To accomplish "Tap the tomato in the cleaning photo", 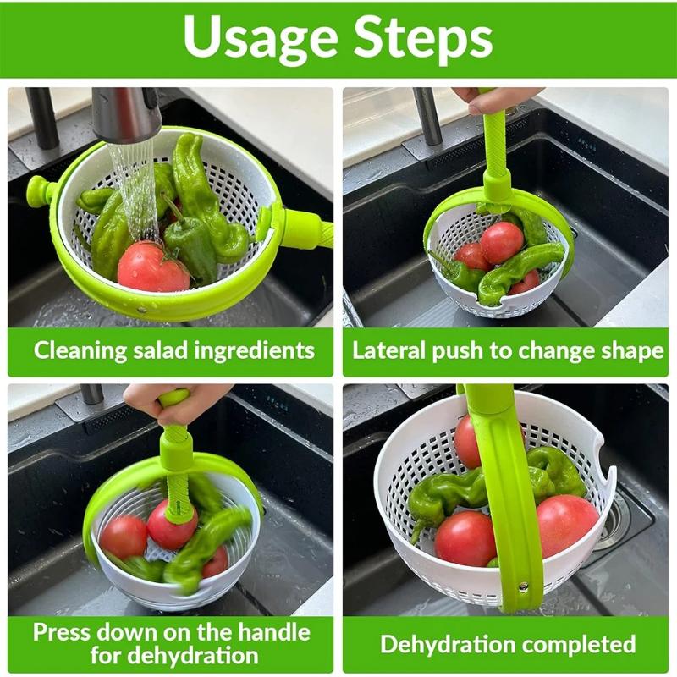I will click(x=152, y=267).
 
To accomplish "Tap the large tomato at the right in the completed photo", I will click(x=566, y=525).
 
